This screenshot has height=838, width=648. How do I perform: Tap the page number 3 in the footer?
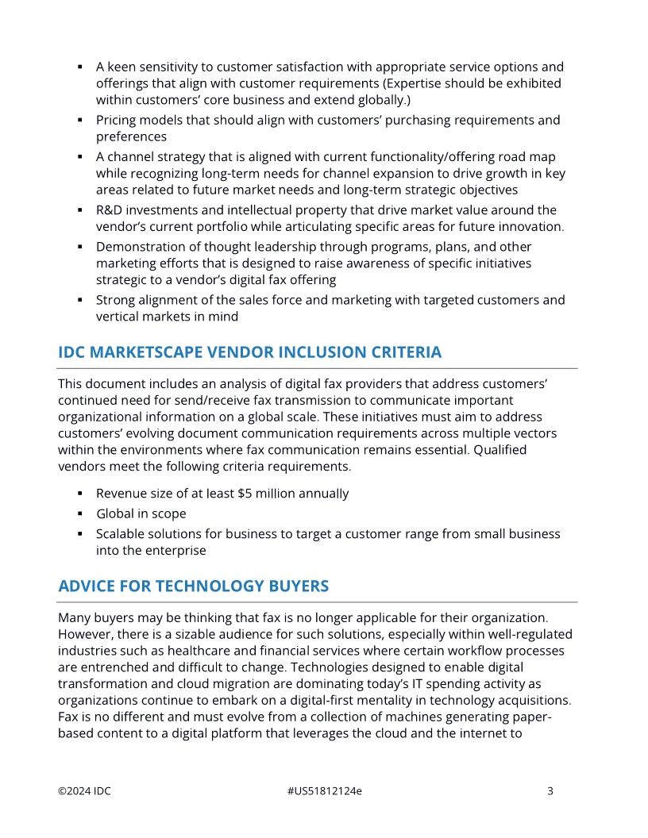click(x=550, y=791)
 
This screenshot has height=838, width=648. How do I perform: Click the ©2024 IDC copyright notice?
click(x=84, y=791)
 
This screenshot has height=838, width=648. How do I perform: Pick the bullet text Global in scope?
click(x=141, y=514)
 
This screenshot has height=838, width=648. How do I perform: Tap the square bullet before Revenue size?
click(x=80, y=494)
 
